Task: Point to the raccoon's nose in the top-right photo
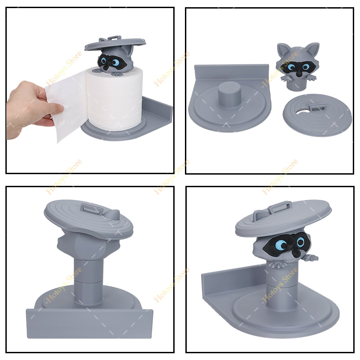(300, 73)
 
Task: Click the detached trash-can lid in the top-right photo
(317, 115)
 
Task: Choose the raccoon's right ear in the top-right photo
(313, 49)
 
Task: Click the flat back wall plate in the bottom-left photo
(90, 324)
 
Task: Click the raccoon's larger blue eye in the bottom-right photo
(281, 244)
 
